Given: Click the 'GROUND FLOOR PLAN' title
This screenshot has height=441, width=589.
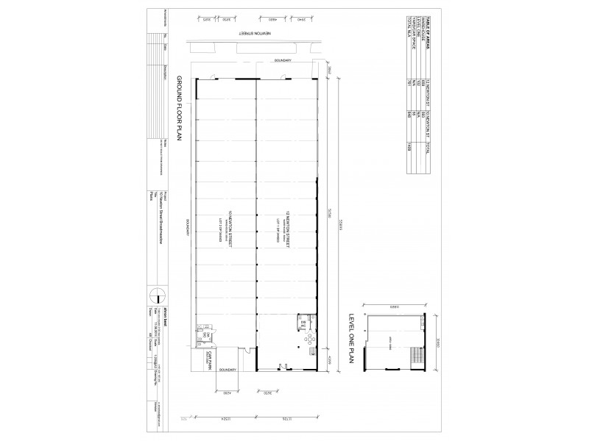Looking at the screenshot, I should click(179, 122).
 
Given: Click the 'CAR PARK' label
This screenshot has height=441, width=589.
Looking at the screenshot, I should click(209, 360).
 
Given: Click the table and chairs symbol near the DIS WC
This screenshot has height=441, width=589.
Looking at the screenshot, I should click(308, 340).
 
